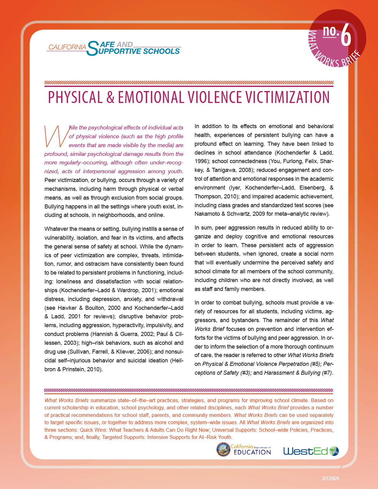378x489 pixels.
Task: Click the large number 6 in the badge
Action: click(x=346, y=36)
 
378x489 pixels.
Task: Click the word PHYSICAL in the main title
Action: click(x=75, y=97)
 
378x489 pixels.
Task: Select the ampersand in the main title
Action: click(x=110, y=97)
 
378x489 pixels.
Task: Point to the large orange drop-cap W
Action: click(x=56, y=136)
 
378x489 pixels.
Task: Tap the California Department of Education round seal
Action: click(x=223, y=449)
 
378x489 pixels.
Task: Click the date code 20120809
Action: click(x=330, y=479)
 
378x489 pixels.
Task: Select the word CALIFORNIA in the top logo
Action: click(x=67, y=47)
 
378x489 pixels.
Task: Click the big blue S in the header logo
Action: click(x=93, y=48)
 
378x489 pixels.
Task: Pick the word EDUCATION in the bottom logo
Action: click(x=252, y=452)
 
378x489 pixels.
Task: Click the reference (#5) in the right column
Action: click(x=315, y=364)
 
